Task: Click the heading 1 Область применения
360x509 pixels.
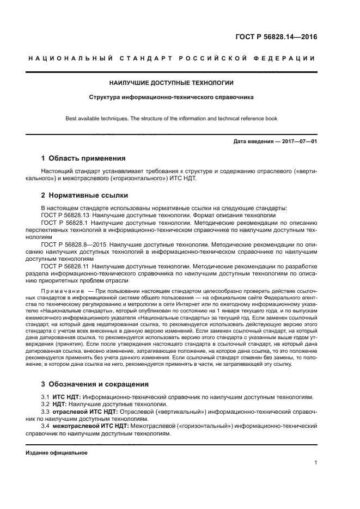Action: point(83,158)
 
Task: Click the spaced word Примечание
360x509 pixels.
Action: point(63,292)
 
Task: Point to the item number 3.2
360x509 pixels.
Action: point(46,404)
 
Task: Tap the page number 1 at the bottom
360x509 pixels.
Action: point(315,463)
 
